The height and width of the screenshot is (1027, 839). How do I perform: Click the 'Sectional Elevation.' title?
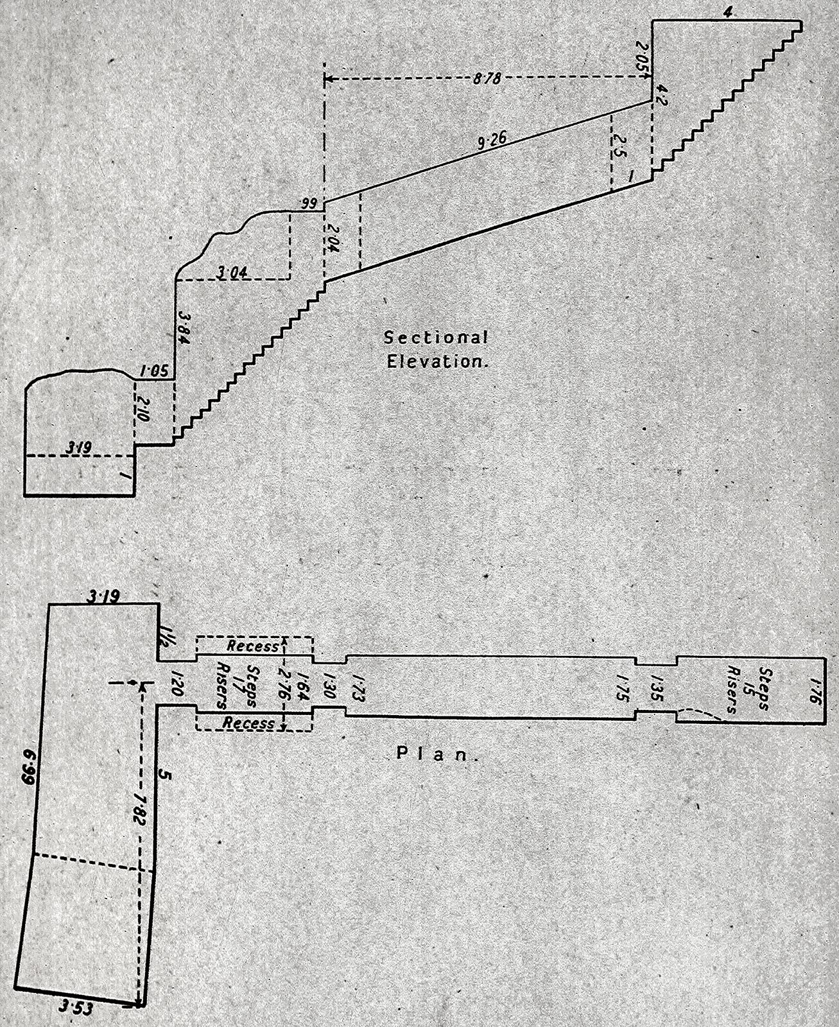tap(436, 349)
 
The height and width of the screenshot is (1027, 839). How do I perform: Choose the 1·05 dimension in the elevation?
tap(153, 370)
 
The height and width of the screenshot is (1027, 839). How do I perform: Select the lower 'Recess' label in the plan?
tap(248, 723)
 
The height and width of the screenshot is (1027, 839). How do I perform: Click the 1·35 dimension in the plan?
tap(655, 688)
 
